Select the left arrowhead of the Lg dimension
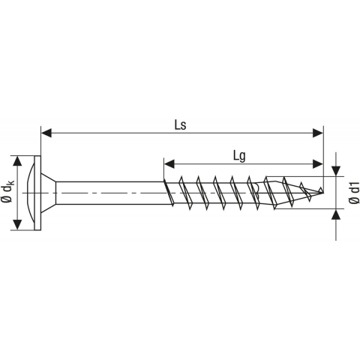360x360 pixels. tap(169, 162)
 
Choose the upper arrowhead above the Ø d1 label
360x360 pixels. tap(335, 170)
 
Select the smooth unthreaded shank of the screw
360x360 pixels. tap(112, 193)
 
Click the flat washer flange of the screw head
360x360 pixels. tap(37, 193)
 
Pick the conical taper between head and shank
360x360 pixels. tap(49, 193)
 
